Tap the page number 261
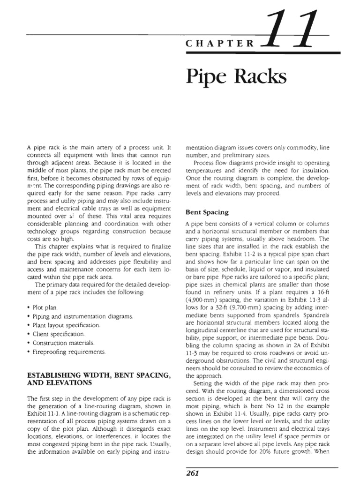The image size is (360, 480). [193, 473]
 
